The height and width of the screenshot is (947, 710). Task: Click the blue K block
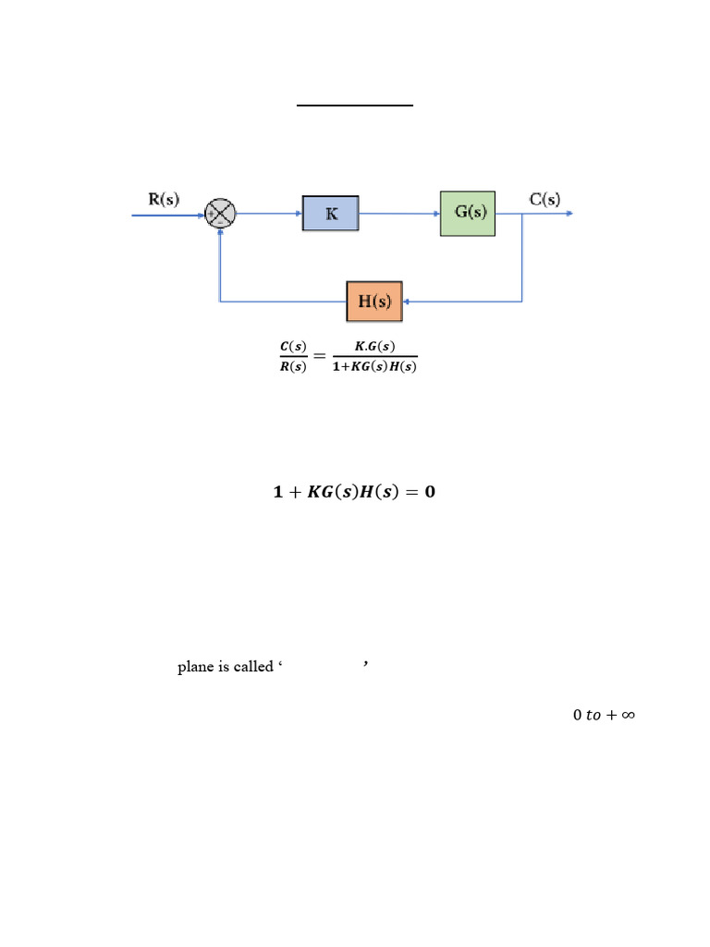pos(330,213)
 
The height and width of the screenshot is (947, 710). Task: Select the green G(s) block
pos(468,213)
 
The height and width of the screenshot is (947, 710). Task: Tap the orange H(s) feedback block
pos(374,301)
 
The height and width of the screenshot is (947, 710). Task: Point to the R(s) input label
pos(164,199)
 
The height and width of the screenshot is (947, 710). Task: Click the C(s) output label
pos(544,198)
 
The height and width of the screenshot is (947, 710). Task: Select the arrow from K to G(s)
pos(398,214)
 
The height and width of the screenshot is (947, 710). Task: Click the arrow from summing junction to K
pos(269,214)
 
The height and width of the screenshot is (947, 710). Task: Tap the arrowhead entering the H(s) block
pos(409,301)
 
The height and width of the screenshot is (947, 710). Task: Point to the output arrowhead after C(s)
pos(569,214)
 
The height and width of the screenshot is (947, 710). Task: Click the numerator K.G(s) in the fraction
pos(374,346)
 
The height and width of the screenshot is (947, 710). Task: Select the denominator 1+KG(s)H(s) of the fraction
pos(373,365)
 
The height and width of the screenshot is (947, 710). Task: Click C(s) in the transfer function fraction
pos(292,346)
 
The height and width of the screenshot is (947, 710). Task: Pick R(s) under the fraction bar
pos(292,365)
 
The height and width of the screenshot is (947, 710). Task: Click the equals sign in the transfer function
pos(320,356)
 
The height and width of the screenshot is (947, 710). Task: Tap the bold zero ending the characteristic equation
pos(429,492)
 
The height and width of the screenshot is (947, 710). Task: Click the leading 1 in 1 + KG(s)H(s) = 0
pos(277,492)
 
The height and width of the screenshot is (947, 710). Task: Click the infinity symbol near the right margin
pos(625,715)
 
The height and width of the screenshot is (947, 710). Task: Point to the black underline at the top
pos(354,105)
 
